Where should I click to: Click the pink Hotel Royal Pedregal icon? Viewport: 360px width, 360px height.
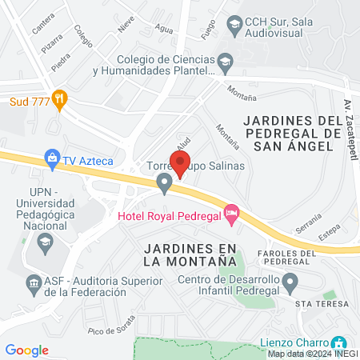pos(232,213)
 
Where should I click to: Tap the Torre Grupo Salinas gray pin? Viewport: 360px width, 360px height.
pos(165,186)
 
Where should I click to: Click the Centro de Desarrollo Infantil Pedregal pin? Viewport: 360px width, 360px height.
pos(291,282)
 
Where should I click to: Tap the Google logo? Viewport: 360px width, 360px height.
pos(27,350)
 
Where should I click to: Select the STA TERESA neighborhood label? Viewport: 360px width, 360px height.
pos(322,304)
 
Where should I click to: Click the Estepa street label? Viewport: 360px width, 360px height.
pos(330,235)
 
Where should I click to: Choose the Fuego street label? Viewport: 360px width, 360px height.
pos(210,30)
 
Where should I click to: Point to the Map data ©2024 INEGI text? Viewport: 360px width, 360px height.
pos(313,354)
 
